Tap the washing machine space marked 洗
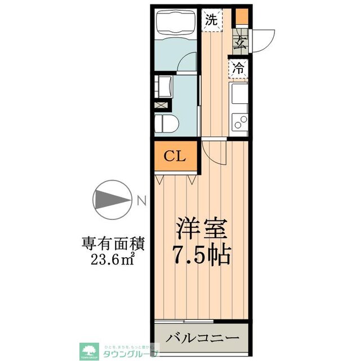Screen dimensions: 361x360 [212, 20]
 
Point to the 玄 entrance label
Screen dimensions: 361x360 [241, 41]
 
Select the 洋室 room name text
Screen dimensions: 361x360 [201, 230]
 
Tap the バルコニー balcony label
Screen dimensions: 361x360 [202, 339]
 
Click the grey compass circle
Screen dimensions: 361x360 [111, 199]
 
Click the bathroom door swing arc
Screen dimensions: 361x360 [188, 62]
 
